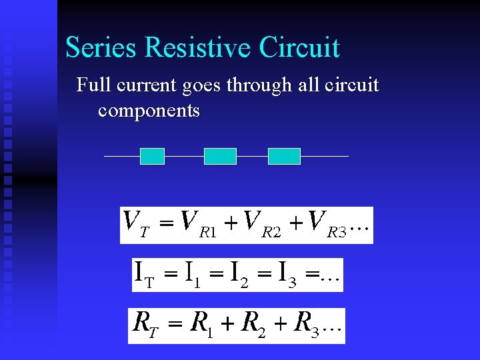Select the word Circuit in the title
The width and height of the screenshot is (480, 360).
299,48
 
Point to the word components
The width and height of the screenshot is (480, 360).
149,110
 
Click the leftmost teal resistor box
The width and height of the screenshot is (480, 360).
152,156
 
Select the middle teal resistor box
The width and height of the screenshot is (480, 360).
220,156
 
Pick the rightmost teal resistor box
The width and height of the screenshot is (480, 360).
284,156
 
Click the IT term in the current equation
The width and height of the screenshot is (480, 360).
145,274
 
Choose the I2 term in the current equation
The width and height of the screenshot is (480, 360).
239,274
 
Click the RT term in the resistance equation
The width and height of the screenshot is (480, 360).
145,325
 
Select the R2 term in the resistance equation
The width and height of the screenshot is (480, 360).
252,325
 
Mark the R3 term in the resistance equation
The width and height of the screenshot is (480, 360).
306,325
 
